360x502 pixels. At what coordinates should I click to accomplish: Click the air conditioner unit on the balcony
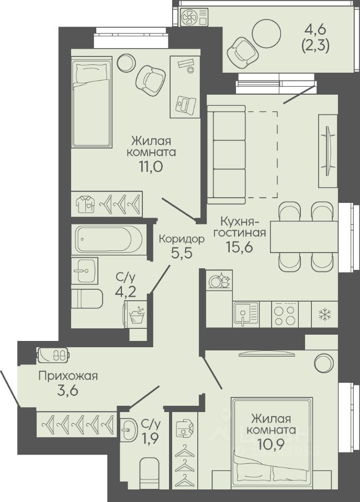(194, 16)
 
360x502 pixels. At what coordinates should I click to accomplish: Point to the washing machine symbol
(136, 315)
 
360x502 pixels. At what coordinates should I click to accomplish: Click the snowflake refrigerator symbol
(324, 315)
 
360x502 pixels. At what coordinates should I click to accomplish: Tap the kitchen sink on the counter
(245, 314)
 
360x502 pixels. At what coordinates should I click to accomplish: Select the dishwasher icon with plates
(219, 281)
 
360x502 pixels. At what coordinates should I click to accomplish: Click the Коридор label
(182, 239)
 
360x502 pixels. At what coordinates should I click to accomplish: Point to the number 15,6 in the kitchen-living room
(240, 247)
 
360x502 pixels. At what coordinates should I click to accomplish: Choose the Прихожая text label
(68, 376)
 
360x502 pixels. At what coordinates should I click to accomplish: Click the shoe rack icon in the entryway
(53, 355)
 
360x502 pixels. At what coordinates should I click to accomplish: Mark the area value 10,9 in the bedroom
(271, 444)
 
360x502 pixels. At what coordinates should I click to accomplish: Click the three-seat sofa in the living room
(227, 155)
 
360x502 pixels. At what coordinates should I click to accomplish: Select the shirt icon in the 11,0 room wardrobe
(85, 203)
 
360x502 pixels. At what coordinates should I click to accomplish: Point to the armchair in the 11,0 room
(151, 79)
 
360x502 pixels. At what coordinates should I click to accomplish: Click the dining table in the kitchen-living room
(304, 236)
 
